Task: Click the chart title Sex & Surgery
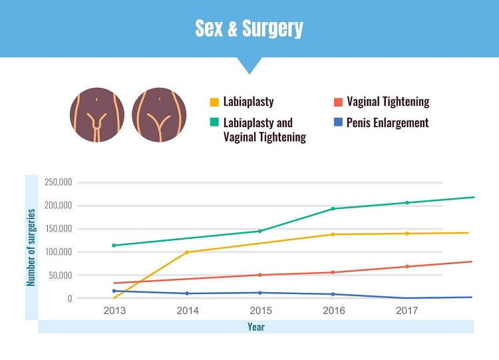click(x=249, y=29)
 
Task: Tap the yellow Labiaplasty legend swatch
click(x=214, y=102)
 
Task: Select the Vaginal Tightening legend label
click(x=387, y=102)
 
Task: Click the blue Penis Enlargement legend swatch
click(x=338, y=122)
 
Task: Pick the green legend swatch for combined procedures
click(x=214, y=123)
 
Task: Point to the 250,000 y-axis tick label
click(x=58, y=182)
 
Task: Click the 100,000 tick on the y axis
click(x=58, y=252)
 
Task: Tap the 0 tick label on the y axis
click(x=69, y=299)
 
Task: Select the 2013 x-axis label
click(x=114, y=311)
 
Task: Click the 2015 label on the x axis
click(x=260, y=311)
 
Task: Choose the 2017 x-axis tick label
click(x=407, y=311)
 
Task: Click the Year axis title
click(x=255, y=327)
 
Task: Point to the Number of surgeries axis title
click(x=31, y=248)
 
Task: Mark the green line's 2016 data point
click(x=333, y=209)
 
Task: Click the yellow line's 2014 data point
click(x=187, y=252)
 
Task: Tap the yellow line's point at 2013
click(x=114, y=298)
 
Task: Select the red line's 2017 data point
click(x=407, y=267)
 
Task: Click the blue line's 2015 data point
click(x=260, y=293)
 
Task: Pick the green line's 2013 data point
click(x=114, y=246)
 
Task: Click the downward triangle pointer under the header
click(x=249, y=65)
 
